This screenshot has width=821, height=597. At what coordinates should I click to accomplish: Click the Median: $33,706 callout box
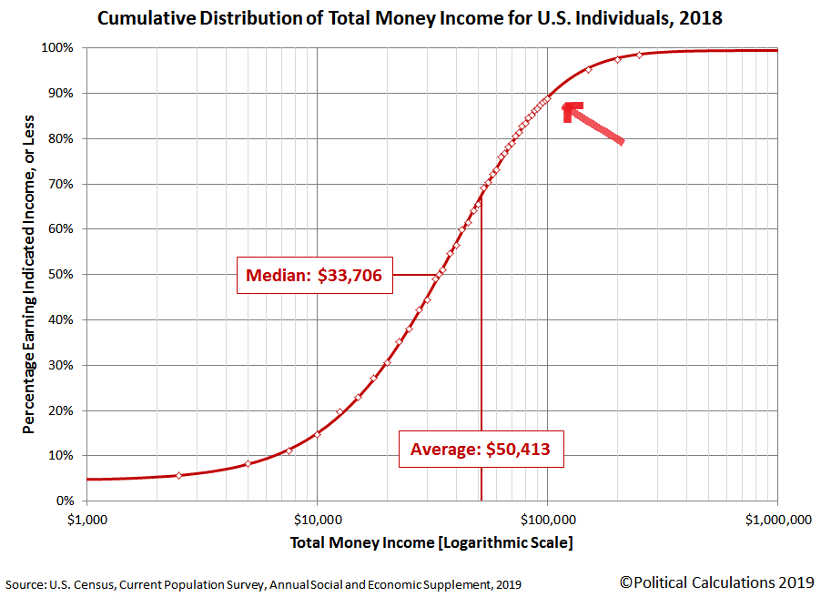tap(315, 275)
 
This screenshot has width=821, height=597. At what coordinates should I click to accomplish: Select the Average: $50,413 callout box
tap(481, 449)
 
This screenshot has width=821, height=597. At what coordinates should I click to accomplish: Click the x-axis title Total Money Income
tap(431, 543)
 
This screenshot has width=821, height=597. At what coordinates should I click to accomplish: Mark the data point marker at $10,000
tap(317, 434)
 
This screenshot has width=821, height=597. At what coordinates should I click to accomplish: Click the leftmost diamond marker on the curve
tap(178, 475)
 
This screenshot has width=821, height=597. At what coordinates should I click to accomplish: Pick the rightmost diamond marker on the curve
tap(639, 55)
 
